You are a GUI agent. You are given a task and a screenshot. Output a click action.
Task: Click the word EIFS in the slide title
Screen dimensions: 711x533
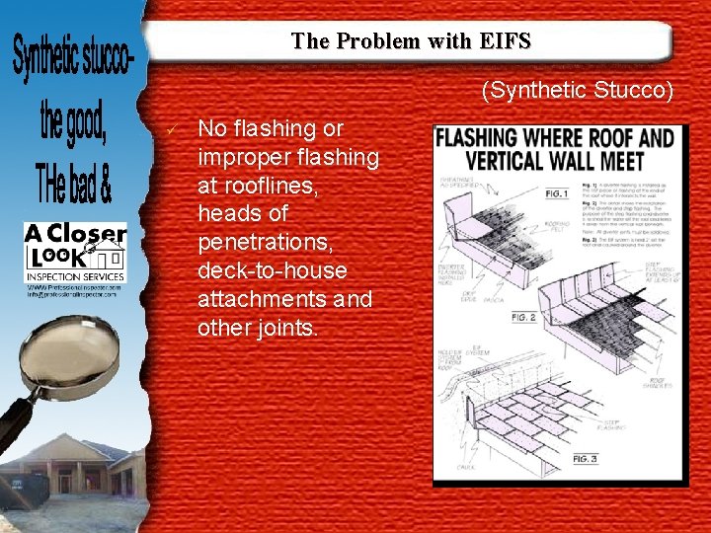pyautogui.click(x=509, y=41)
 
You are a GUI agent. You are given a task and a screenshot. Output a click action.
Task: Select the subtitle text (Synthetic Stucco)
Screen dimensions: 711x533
pyautogui.click(x=578, y=92)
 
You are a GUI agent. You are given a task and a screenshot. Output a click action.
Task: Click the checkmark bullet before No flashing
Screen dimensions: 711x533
pyautogui.click(x=174, y=129)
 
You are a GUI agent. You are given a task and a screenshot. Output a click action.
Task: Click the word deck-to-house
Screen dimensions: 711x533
pyautogui.click(x=274, y=270)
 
